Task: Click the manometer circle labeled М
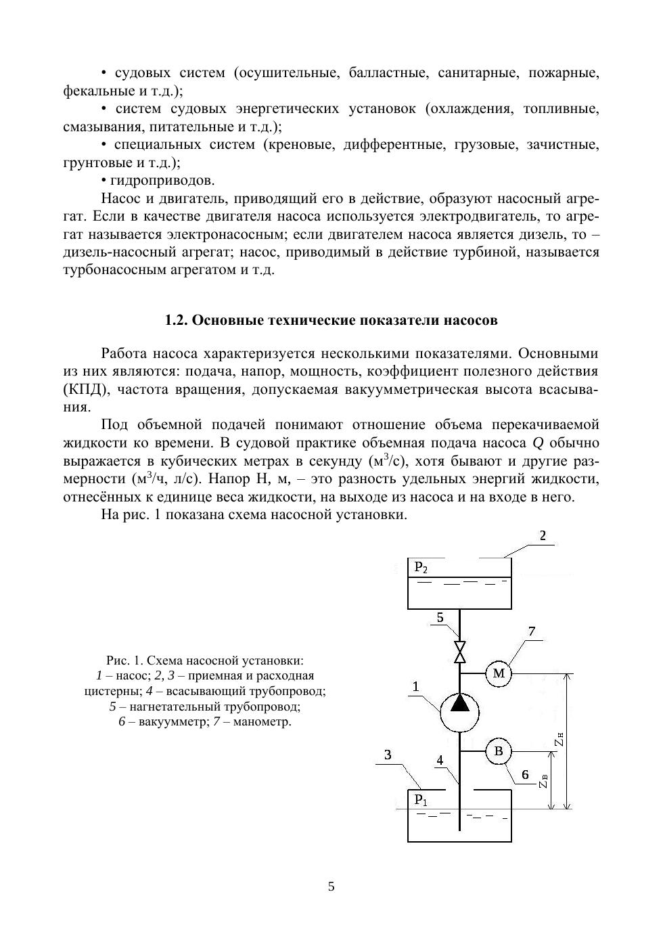499,673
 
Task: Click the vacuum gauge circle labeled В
499,751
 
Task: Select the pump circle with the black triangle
459,711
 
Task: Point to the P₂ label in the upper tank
421,567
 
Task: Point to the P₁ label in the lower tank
421,800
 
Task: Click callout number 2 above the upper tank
543,536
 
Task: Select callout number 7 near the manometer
532,631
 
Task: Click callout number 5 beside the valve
440,617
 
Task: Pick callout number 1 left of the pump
415,686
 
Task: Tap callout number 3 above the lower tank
388,755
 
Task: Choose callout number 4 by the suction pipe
440,761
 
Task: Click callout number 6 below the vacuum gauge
524,774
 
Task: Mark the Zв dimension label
544,782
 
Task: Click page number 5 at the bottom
331,887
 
